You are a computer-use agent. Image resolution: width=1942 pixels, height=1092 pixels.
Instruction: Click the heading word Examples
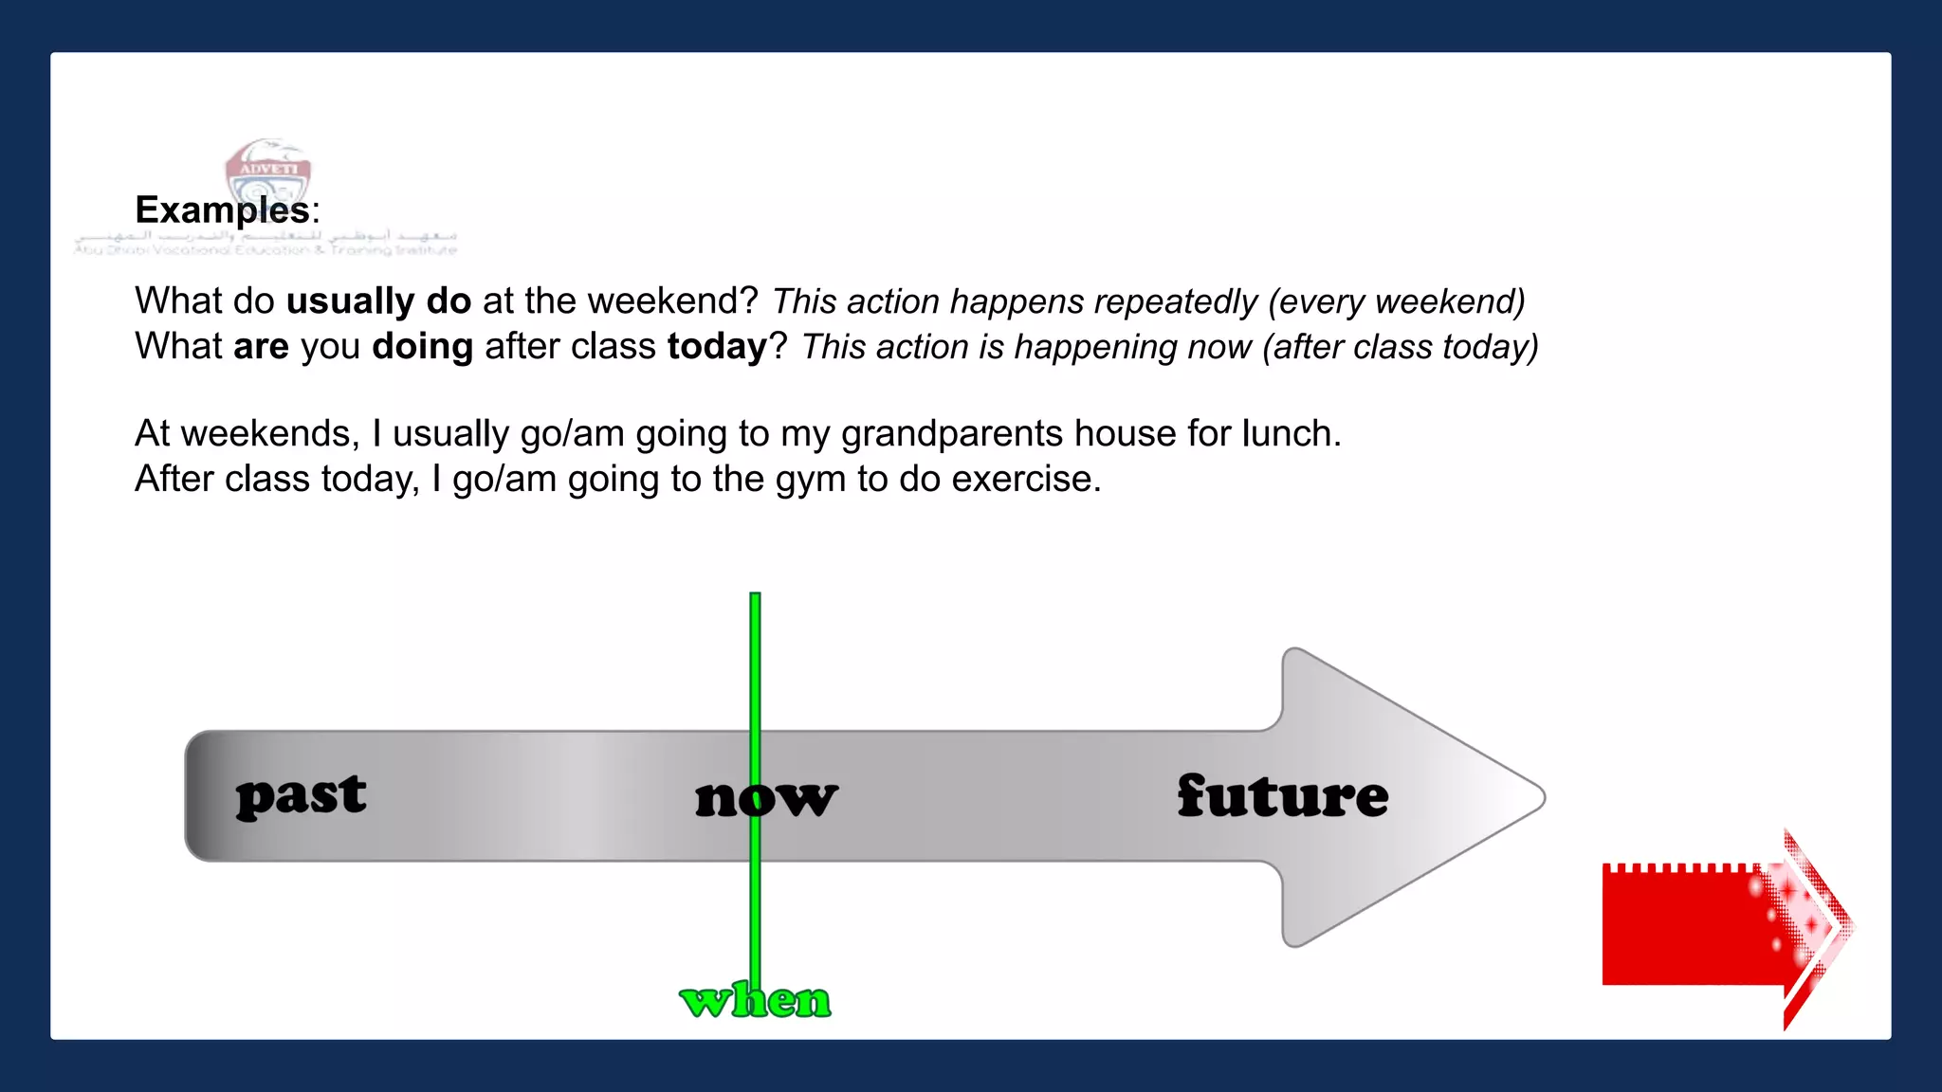[222, 209]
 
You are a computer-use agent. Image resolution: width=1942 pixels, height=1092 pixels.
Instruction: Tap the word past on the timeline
[301, 795]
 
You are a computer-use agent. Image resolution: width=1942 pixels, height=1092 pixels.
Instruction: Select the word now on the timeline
[766, 797]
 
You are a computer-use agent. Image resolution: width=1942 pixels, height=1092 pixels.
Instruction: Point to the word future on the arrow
[1282, 795]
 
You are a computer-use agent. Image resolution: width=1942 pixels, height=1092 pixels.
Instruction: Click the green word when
[756, 1000]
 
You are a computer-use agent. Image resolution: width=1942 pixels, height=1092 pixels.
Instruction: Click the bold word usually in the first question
[350, 301]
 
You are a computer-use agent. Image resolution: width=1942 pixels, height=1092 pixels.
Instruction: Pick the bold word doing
[422, 347]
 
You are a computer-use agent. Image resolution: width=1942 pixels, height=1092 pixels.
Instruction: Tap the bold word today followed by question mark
[717, 347]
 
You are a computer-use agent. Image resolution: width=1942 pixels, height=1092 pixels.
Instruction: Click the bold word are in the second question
[261, 347]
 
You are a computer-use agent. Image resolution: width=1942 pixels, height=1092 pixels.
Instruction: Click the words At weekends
[247, 434]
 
